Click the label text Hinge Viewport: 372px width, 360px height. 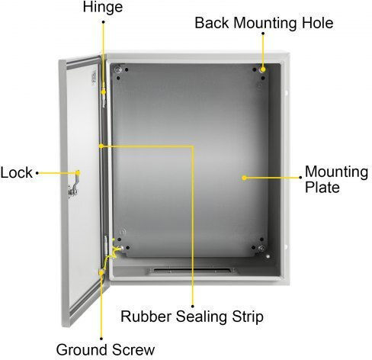[x=103, y=7]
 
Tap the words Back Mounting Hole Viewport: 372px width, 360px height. [x=264, y=23]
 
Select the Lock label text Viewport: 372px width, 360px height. [x=16, y=173]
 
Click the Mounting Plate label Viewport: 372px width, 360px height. [x=336, y=179]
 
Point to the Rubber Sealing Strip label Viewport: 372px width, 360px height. [x=192, y=317]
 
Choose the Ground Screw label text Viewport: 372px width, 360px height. [x=105, y=349]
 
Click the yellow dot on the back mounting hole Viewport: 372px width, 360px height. [x=263, y=69]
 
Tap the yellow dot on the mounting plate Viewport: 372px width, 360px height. [x=244, y=178]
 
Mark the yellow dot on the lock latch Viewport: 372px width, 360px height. [x=79, y=173]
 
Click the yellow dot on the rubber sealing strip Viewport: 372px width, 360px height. [x=101, y=146]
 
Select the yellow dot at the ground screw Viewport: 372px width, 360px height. [x=101, y=273]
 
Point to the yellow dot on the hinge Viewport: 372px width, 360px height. [x=104, y=92]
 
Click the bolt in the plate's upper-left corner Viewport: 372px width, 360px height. [x=117, y=69]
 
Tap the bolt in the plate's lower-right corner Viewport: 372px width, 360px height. [x=261, y=249]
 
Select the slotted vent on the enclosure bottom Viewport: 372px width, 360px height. [x=192, y=271]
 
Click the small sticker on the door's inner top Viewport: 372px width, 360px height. [x=94, y=77]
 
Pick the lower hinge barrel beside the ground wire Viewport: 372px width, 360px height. [x=106, y=245]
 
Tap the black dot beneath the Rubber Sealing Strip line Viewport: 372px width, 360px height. [x=193, y=307]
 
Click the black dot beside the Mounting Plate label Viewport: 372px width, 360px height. [x=300, y=178]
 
